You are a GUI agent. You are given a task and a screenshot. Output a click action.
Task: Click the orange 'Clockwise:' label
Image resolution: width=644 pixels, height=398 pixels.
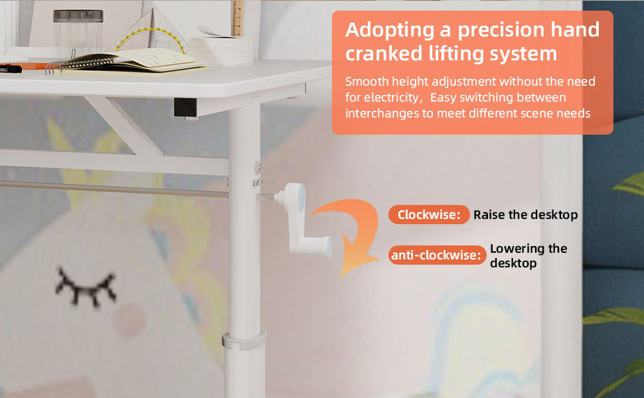point(429,215)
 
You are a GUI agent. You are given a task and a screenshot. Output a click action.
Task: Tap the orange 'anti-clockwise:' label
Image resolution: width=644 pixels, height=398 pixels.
point(437,255)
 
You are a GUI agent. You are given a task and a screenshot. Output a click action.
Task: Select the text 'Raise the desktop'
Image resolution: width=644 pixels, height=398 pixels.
point(525,215)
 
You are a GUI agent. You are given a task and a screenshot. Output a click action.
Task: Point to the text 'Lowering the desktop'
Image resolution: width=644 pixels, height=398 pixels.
point(528,255)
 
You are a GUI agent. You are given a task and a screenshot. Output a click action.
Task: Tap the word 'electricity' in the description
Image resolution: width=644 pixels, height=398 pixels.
point(390,98)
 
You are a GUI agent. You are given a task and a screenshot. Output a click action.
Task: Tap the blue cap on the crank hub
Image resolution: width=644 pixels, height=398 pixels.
point(301,198)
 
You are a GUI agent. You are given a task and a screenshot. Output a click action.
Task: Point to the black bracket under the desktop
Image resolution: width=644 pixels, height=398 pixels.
point(186,107)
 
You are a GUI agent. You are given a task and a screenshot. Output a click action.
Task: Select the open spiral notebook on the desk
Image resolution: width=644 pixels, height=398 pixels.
point(127,62)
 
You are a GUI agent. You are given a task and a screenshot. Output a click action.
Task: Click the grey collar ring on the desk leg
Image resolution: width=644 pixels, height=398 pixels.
point(244,341)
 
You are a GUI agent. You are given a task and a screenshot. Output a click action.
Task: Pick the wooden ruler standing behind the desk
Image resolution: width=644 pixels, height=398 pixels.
point(238,19)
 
